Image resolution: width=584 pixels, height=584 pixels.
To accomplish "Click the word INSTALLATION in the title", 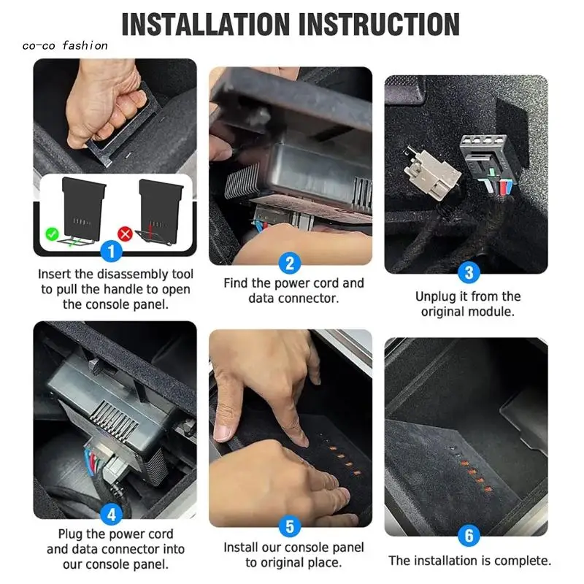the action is (x=205, y=24).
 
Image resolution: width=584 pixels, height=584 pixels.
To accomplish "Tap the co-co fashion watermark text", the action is (x=65, y=46).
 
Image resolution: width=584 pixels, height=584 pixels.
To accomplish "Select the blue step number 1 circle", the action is (x=111, y=251).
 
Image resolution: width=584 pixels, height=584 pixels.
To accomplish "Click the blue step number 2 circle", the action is (x=290, y=264).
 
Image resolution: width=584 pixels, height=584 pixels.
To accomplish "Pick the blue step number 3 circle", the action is (x=469, y=272).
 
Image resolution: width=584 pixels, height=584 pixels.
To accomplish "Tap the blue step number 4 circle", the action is (x=112, y=515).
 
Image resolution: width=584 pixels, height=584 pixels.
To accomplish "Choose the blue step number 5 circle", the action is (x=290, y=526).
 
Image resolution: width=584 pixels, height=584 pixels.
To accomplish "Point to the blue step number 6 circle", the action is (x=469, y=535).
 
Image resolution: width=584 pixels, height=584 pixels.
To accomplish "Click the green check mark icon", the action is (x=52, y=234).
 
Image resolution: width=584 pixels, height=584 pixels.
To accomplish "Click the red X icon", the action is (x=125, y=234).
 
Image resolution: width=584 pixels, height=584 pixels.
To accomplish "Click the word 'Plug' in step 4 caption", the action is (x=70, y=534).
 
